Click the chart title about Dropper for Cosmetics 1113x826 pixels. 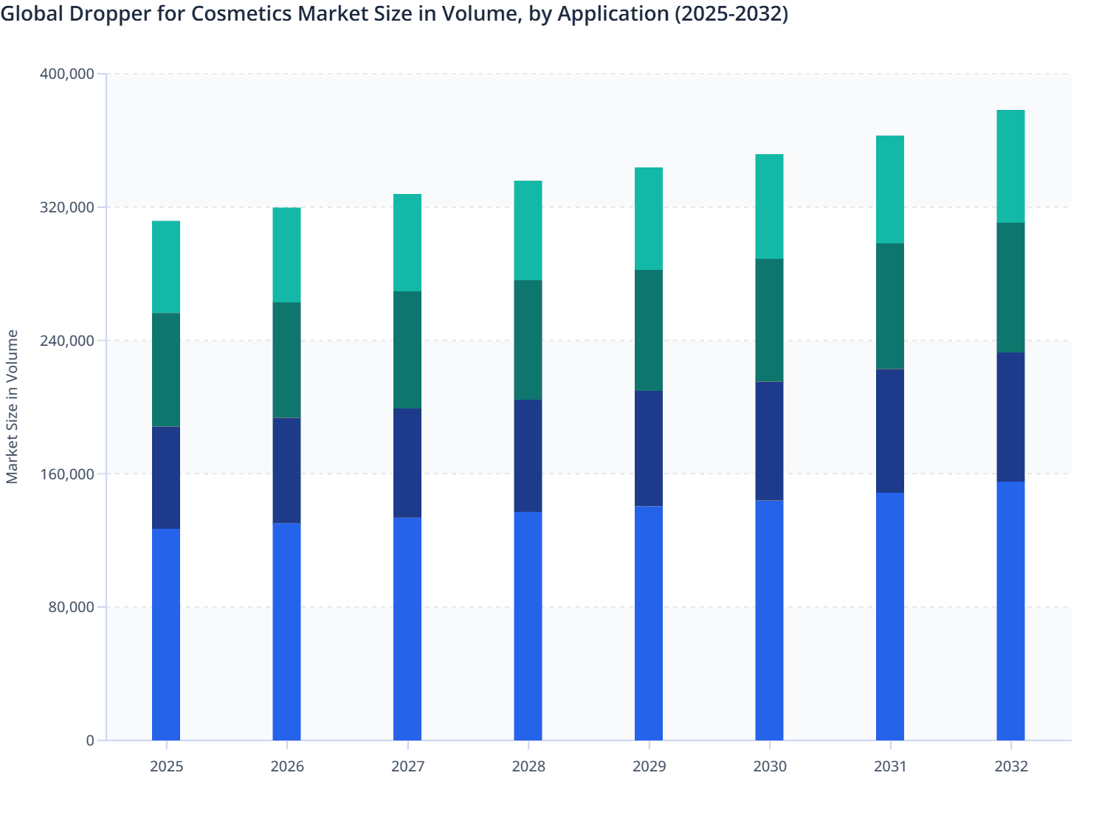coord(394,14)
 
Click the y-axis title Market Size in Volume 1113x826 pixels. coord(12,406)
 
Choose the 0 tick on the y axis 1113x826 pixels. coord(90,740)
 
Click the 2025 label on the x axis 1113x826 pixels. coord(166,766)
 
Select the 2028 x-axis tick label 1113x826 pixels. coord(528,766)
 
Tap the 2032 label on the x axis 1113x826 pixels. coord(1010,766)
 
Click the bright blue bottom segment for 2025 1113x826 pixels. coord(166,634)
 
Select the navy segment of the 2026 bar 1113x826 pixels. coord(286,471)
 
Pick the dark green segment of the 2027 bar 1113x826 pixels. coord(407,350)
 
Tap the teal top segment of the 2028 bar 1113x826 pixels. coord(528,230)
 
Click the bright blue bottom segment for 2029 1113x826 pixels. coord(649,623)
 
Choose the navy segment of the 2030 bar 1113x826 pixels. coord(769,441)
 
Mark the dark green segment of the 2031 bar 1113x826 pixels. coord(890,306)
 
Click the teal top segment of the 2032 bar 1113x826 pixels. coord(1010,166)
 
